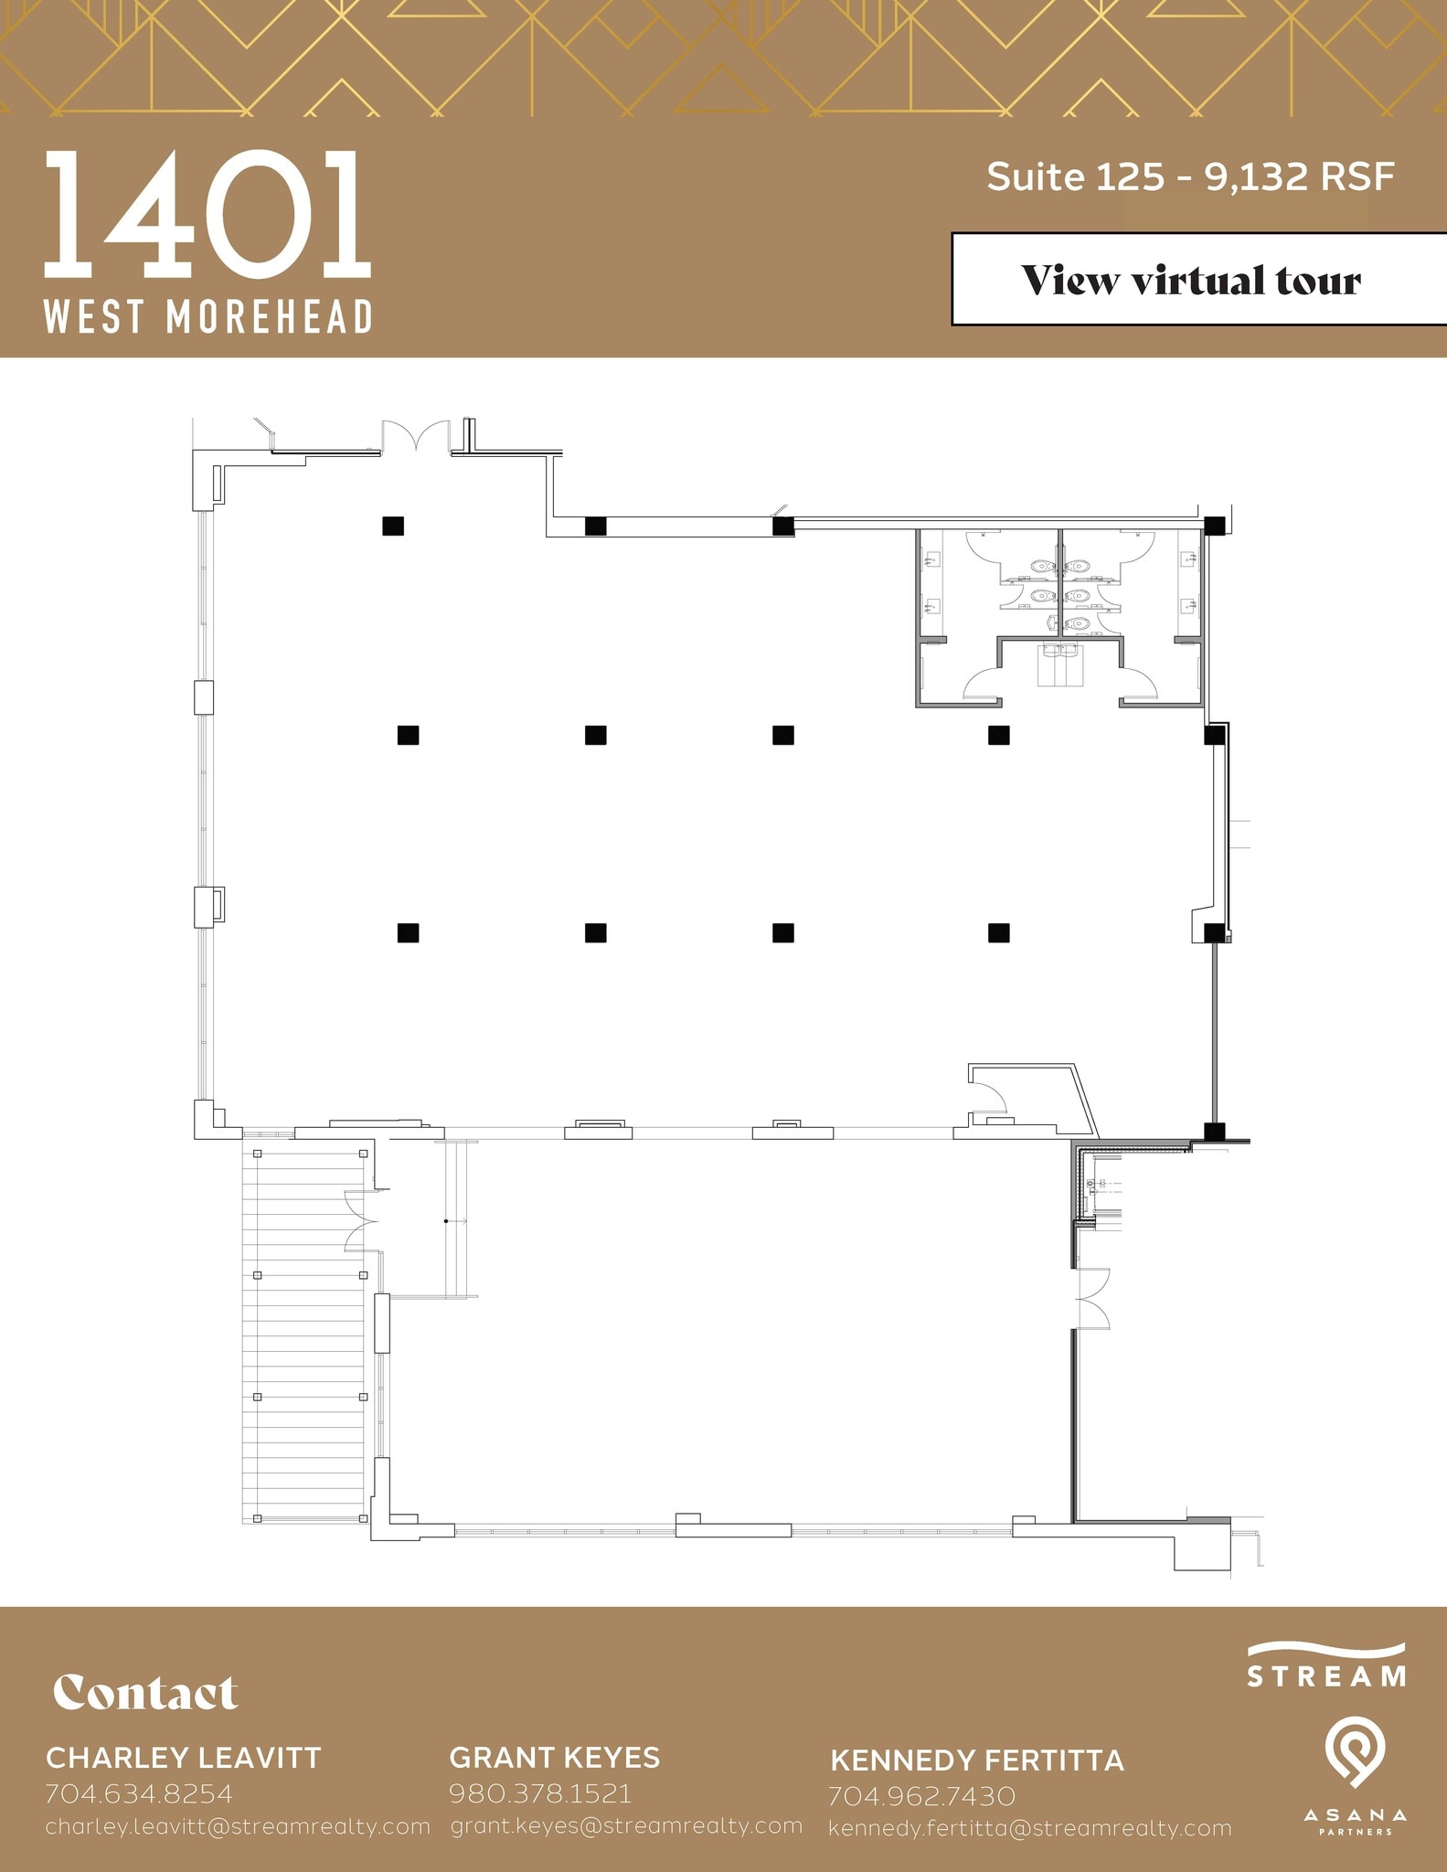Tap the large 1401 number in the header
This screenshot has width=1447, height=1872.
[207, 216]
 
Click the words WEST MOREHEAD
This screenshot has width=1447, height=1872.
[207, 317]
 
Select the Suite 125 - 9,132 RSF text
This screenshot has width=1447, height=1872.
[1190, 175]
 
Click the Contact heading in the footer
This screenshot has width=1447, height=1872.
[145, 1693]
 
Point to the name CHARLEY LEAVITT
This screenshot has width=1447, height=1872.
[183, 1758]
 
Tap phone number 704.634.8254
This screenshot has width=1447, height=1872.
[139, 1793]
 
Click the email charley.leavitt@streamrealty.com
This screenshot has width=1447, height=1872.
[238, 1826]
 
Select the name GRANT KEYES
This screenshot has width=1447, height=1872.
[554, 1757]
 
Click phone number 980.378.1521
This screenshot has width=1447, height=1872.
[540, 1792]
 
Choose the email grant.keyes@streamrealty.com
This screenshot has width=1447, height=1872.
[626, 1825]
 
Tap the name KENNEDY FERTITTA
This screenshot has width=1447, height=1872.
[976, 1760]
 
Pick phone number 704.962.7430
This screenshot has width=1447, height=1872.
[921, 1796]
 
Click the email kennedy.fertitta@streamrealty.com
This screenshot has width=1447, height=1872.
[1029, 1828]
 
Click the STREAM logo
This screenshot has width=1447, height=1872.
[1326, 1665]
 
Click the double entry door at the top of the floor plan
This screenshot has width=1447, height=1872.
[416, 437]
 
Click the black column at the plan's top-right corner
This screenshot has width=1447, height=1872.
[1214, 526]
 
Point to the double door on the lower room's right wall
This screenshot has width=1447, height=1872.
[1092, 1298]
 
